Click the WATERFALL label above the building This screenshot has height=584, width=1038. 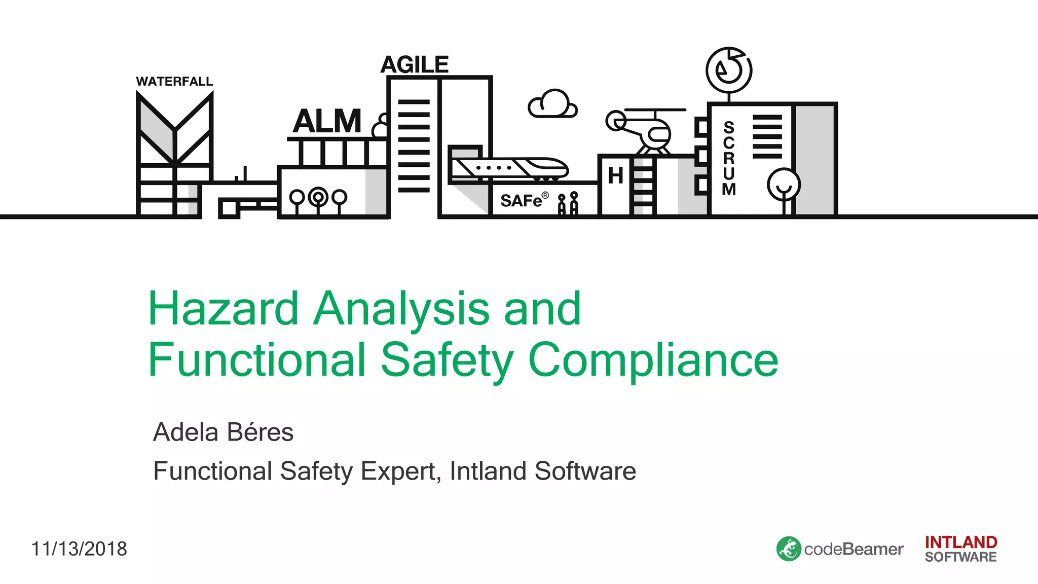[x=174, y=82]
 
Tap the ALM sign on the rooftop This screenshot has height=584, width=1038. [x=327, y=122]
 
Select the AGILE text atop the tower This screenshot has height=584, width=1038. [x=415, y=65]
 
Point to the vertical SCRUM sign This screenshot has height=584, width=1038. [x=729, y=158]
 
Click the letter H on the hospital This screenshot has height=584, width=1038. [x=615, y=176]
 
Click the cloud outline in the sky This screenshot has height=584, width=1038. [x=552, y=104]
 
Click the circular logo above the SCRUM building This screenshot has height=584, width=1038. [x=729, y=70]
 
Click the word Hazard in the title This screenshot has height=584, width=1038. [x=223, y=309]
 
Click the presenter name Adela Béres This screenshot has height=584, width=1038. [x=223, y=432]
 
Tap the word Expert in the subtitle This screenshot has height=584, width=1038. [x=400, y=471]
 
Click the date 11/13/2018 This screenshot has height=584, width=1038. [x=79, y=549]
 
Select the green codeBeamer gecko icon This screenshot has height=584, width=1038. [x=789, y=549]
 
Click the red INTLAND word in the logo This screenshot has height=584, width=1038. [x=960, y=542]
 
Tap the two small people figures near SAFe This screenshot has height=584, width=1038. [x=568, y=204]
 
